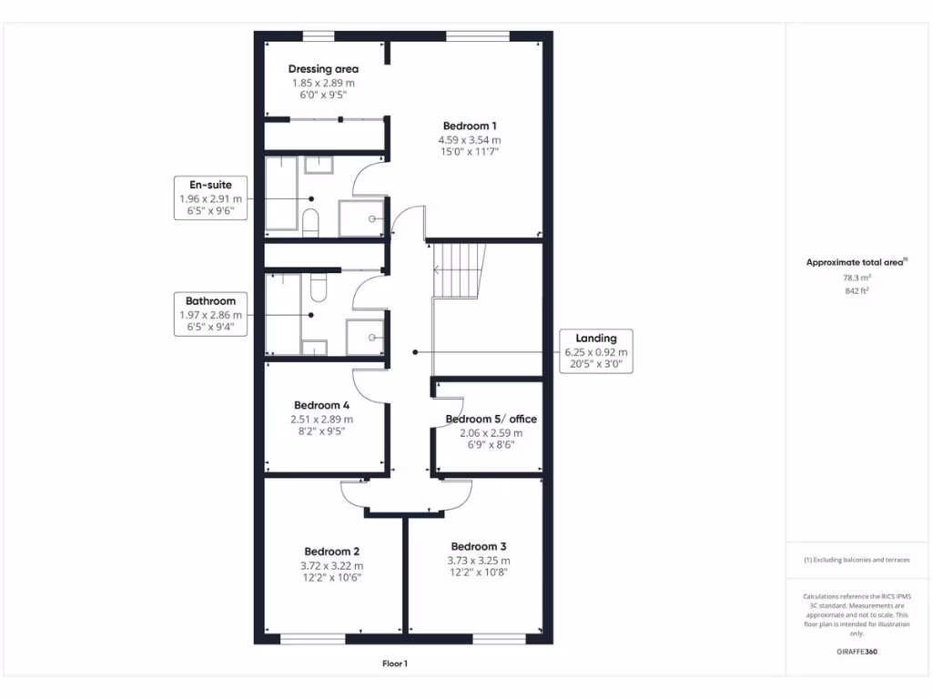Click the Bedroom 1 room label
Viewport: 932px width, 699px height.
pos(470,126)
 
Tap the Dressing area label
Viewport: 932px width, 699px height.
pos(323,69)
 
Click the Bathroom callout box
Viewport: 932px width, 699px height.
pos(210,314)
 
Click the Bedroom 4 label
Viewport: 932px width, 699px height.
pos(321,405)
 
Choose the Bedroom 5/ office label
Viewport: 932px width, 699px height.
pos(491,420)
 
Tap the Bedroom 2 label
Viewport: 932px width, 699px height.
pos(331,552)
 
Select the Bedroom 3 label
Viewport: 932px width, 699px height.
pos(479,547)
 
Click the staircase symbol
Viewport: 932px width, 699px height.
pos(460,269)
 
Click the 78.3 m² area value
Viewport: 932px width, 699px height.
pos(856,278)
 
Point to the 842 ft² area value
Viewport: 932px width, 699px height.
pos(856,291)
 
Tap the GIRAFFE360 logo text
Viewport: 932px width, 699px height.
pos(856,652)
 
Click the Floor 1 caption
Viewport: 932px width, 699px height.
pos(394,664)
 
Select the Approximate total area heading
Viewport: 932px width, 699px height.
pos(856,263)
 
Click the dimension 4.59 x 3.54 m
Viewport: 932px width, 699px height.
pos(470,140)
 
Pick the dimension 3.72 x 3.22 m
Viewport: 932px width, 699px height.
pos(331,565)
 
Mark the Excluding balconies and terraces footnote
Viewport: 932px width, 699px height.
pos(856,560)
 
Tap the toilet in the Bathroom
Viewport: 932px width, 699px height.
pos(318,289)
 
